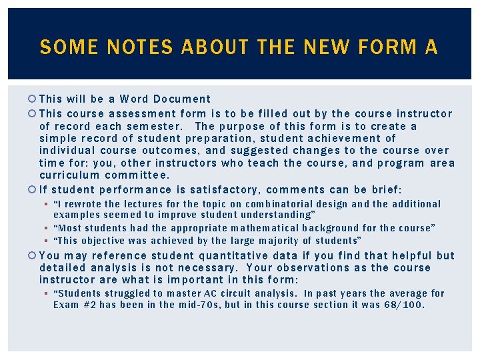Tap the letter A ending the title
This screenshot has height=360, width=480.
tap(430, 47)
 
